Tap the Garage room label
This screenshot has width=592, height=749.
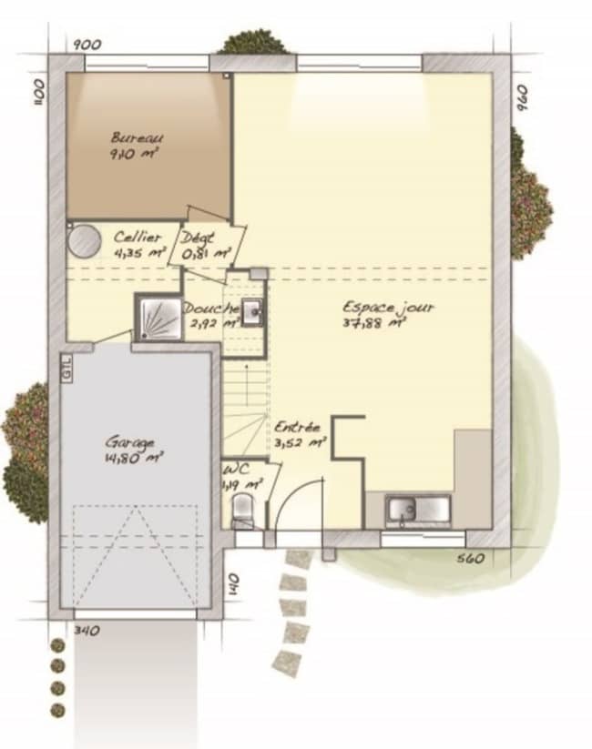tap(129, 442)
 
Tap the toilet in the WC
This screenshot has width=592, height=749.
tap(243, 517)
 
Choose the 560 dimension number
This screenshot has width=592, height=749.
tap(470, 558)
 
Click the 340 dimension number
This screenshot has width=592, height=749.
tap(87, 630)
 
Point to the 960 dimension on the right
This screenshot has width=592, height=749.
tap(522, 96)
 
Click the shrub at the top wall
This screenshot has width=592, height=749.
tap(254, 42)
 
